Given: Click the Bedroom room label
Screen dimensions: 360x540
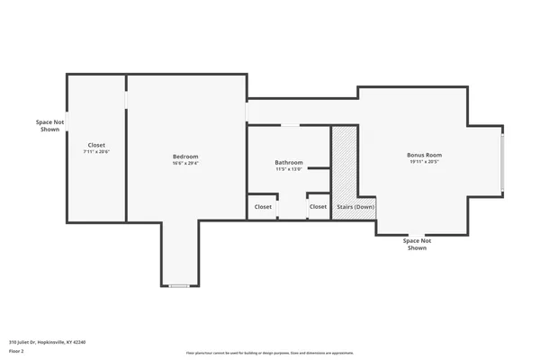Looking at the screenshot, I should coord(185,157).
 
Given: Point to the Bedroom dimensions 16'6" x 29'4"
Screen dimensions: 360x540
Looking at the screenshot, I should coord(185,164).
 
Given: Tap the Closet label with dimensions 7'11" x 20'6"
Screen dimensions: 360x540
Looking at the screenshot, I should coord(95,145).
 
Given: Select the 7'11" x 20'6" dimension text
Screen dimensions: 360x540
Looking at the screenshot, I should coord(95,152).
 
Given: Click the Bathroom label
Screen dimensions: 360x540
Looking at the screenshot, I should coord(289,163).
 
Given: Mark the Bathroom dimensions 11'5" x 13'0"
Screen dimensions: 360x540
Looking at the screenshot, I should coord(289,170).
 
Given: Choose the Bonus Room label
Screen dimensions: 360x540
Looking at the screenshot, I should coord(424,155).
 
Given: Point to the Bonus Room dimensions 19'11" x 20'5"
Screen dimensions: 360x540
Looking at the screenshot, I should coord(424,162).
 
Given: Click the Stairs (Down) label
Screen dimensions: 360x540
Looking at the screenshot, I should coord(355,207).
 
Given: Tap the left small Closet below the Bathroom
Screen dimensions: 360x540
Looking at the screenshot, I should coord(263,207).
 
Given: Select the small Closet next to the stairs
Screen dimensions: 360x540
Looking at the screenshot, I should coord(319,207).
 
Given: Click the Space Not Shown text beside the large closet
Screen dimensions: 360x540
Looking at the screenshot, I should coord(50,125).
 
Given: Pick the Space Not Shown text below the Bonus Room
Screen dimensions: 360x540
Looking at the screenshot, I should coord(417,244).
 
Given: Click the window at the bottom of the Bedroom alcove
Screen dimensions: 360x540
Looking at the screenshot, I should coord(179,286).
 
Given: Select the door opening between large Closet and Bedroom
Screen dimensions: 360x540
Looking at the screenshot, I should coord(126,98).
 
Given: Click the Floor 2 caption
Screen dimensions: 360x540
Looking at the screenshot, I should coord(16,351).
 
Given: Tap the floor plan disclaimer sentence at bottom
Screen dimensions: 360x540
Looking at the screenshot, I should coord(270,353).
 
